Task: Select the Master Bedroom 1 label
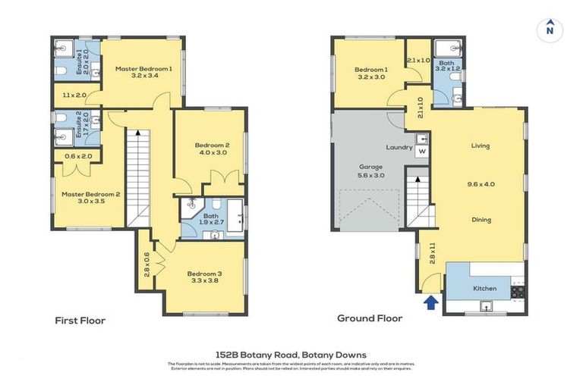coord(144,69)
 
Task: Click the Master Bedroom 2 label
coord(80,194)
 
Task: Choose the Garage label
coord(370,167)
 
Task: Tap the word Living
coord(481,145)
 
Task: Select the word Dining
coord(481,220)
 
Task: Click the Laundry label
coord(399,147)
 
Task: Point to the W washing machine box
coord(423,150)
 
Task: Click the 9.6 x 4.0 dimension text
coord(481,183)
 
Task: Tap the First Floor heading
coord(80,321)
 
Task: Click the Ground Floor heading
coord(370,319)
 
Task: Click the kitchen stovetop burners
coord(518,290)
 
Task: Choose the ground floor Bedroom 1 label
coord(370,70)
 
